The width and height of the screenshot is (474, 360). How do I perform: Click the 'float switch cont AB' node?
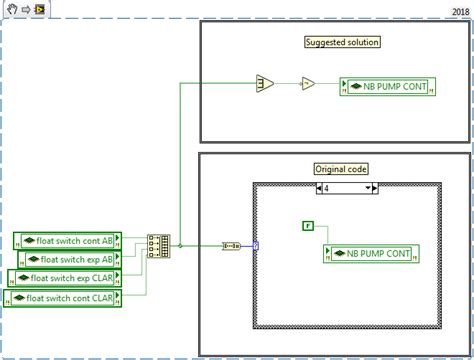tap(67, 240)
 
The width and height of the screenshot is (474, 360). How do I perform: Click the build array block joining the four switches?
tap(158, 245)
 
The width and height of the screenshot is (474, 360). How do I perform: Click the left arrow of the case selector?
tap(318, 187)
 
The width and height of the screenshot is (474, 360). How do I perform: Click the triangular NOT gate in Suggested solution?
tap(308, 84)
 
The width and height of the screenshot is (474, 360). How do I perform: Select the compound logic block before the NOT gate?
tap(265, 84)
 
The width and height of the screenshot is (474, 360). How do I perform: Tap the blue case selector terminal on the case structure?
tap(256, 245)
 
